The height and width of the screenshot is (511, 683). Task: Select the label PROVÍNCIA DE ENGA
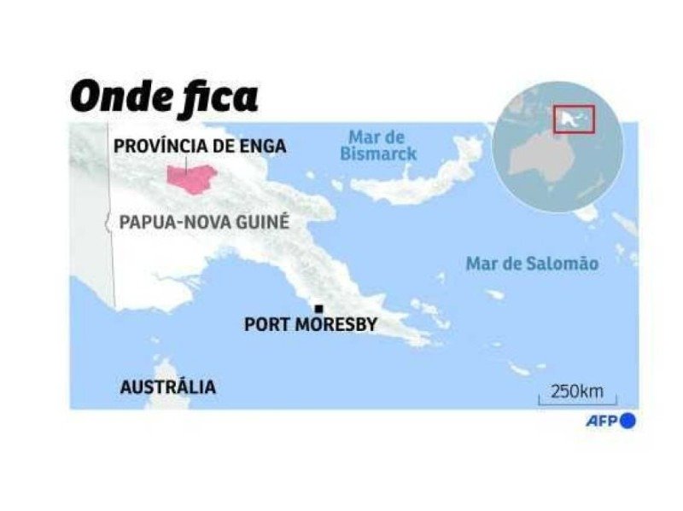pos(199,146)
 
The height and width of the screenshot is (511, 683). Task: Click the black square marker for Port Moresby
pos(318,309)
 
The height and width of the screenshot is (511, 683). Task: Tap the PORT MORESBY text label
pos(311,325)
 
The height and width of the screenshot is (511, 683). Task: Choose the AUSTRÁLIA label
pos(167,387)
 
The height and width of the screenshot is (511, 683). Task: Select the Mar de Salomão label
pos(532,264)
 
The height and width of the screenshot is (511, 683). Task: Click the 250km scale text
pos(576,392)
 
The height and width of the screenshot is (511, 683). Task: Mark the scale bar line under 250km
pos(576,404)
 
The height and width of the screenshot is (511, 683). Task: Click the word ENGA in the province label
pos(261,146)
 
